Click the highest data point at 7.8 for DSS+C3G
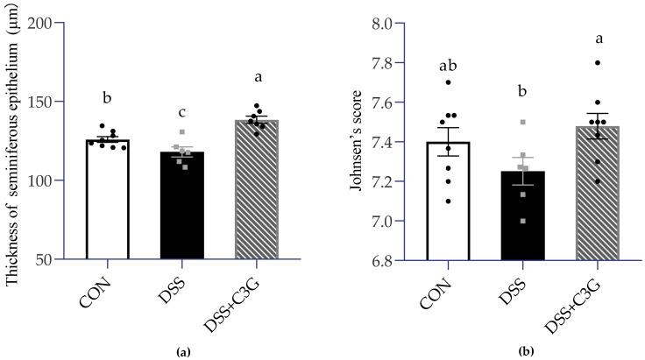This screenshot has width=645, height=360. coord(597,62)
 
